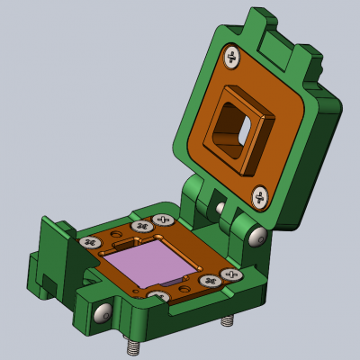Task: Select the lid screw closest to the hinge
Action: coord(259,195)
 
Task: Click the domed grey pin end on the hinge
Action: coord(259,236)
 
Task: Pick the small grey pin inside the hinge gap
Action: coord(221,209)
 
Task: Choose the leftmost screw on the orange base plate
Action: coord(88,242)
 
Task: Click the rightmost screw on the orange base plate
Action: coord(231,274)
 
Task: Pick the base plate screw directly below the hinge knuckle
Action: coord(162,220)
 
